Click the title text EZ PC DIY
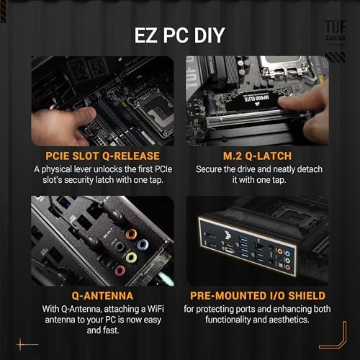pos(179,36)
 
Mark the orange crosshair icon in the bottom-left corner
pos(27,345)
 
